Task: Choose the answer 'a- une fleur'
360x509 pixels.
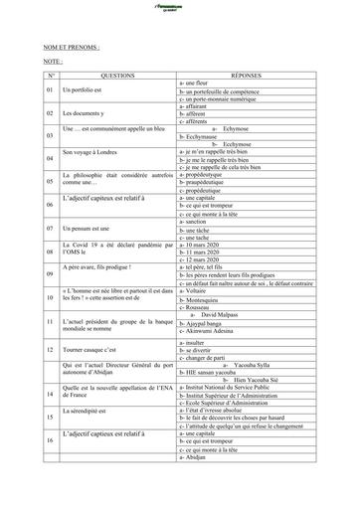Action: tap(198, 83)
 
